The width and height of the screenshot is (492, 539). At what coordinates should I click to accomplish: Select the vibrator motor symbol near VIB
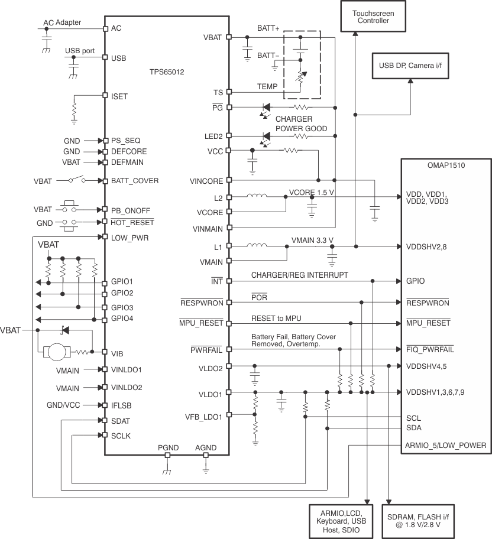pos(59,352)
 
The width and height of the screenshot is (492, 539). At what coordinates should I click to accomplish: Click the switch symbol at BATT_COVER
pos(75,180)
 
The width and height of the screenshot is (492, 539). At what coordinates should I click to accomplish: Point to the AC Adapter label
pos(62,23)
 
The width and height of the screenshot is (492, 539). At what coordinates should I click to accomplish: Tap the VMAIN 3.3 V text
pos(313,240)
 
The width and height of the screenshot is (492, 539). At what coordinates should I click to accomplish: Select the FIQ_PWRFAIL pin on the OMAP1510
pos(430,349)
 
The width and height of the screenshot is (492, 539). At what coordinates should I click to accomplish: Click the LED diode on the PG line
pos(266,108)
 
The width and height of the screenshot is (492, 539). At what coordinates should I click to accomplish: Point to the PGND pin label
pos(167,448)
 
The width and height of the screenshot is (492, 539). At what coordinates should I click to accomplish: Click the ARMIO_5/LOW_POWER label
pos(445,446)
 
